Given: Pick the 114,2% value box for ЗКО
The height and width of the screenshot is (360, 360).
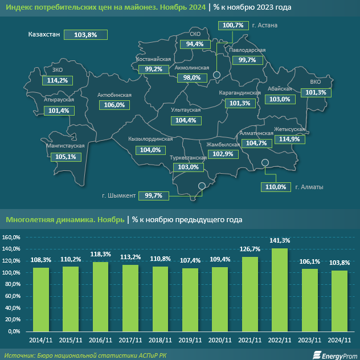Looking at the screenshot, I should point(58,80).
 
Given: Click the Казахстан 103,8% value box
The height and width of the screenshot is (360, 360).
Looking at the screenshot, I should point(85,35).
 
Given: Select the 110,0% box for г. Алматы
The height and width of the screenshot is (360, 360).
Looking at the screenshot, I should point(275,187).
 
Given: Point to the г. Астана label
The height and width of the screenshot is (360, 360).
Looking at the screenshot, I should point(264,26).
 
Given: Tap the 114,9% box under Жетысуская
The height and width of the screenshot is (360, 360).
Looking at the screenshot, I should point(289,139).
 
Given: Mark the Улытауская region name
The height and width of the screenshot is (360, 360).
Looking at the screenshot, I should point(186,109).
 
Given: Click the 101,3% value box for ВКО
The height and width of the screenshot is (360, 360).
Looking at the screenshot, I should point(316,92).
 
